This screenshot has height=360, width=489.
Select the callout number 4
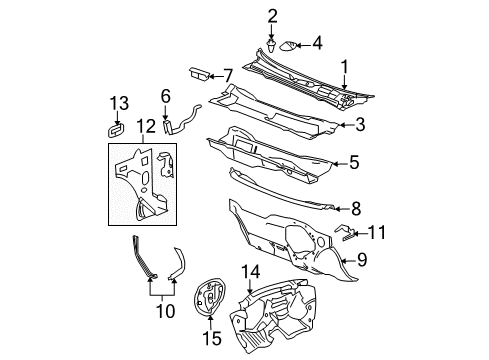point(317,43)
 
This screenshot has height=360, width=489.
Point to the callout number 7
point(228,74)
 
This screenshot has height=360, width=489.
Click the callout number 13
point(119,102)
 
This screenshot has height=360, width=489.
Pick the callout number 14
point(251,271)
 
